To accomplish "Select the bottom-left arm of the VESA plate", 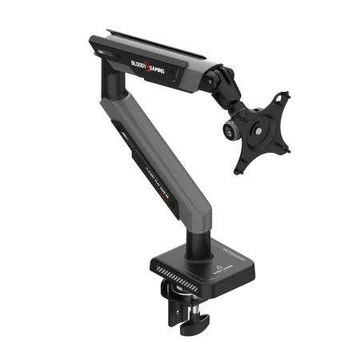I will click(x=238, y=166).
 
